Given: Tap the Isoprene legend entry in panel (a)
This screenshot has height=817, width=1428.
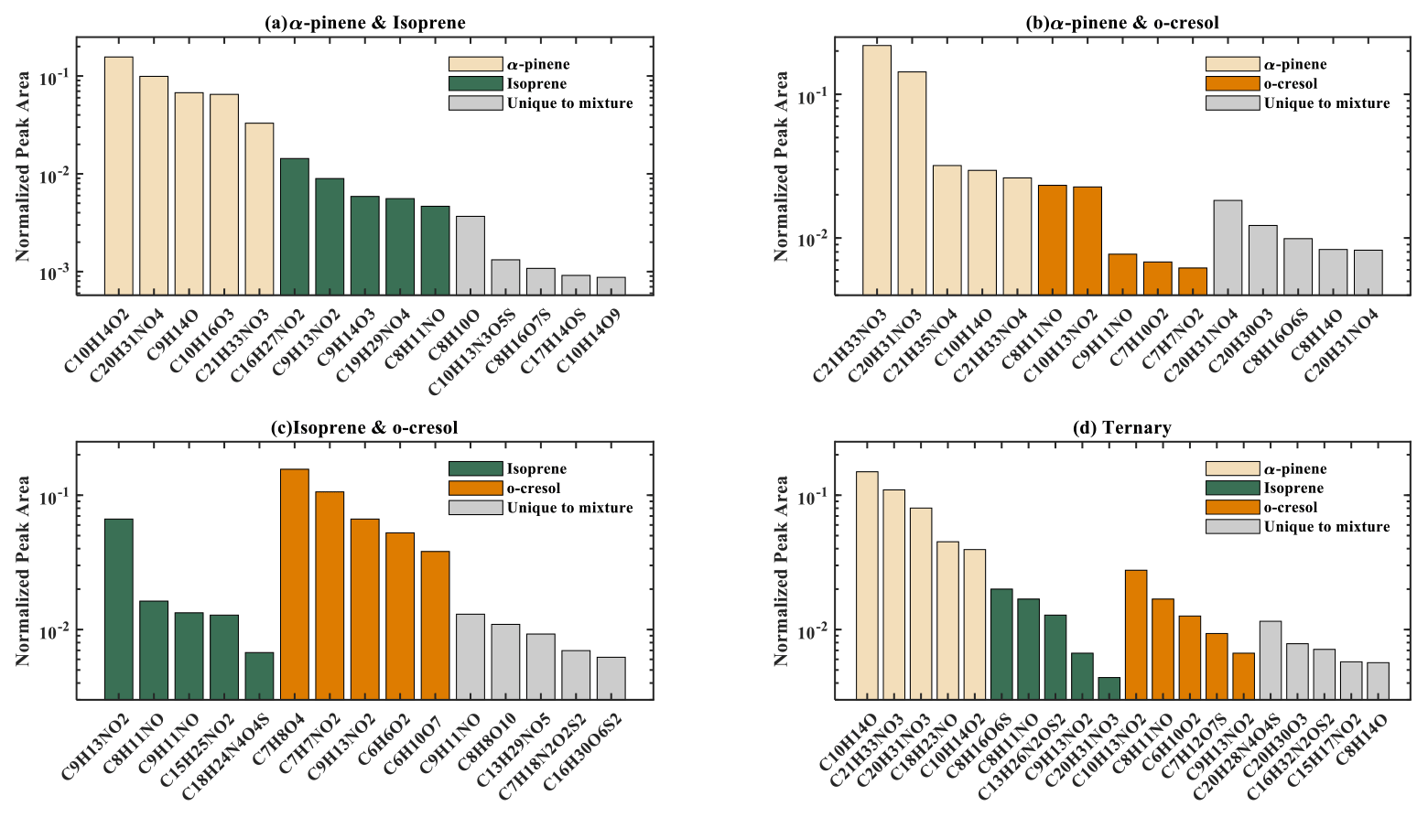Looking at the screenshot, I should point(536,84).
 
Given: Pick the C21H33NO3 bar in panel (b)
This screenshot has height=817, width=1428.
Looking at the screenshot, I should point(876,170).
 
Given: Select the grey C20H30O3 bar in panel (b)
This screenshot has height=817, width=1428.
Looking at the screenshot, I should point(1262,260).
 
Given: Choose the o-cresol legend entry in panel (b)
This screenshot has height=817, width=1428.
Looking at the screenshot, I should point(1290,84).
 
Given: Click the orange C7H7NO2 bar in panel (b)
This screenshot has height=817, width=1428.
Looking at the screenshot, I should point(1192,281).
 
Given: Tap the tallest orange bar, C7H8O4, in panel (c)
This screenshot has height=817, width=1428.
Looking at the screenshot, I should point(295,585).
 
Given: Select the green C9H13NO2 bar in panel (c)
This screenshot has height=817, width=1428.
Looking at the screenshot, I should point(118,609).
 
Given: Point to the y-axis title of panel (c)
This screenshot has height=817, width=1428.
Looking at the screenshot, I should point(23,570).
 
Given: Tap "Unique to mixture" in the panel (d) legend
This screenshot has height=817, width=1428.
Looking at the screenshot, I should point(1326,527).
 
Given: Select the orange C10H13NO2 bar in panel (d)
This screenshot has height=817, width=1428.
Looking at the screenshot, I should point(1135,635).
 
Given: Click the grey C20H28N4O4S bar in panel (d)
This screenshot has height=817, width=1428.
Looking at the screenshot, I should point(1270,661).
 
